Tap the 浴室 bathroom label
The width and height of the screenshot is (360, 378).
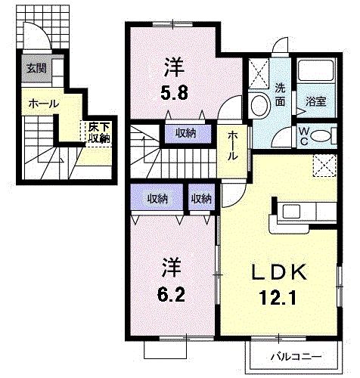click(x=317, y=99)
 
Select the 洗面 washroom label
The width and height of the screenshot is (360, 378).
click(x=280, y=93)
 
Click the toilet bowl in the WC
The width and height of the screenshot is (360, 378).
click(x=321, y=136)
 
